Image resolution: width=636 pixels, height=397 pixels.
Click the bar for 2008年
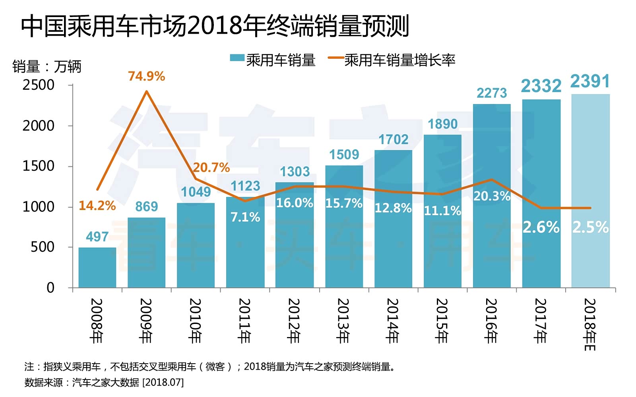click(x=97, y=268)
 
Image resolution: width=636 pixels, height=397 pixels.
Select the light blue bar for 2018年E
click(x=590, y=191)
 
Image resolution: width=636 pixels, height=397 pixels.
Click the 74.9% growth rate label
click(x=146, y=76)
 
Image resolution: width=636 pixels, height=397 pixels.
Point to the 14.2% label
click(x=97, y=206)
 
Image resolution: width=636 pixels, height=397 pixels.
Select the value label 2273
click(x=492, y=93)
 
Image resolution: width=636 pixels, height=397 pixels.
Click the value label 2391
click(x=590, y=82)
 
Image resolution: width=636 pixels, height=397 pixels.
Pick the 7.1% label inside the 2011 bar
click(x=245, y=217)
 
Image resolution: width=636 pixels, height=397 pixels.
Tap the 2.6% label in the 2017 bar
click(x=541, y=227)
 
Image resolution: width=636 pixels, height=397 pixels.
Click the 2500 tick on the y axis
click(x=39, y=85)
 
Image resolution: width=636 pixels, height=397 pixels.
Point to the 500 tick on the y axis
click(x=43, y=247)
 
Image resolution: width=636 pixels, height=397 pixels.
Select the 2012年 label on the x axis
click(x=294, y=321)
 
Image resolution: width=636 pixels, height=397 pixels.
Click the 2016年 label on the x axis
click(x=491, y=321)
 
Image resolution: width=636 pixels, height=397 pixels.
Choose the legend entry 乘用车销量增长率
click(x=399, y=60)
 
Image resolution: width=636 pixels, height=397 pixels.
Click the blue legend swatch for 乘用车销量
click(x=237, y=58)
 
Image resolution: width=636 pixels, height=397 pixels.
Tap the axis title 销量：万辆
click(x=47, y=67)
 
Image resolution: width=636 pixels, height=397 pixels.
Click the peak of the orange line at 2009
click(x=147, y=91)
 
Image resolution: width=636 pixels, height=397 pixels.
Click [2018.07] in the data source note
click(x=163, y=382)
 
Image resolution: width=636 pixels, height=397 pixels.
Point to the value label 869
click(x=146, y=207)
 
